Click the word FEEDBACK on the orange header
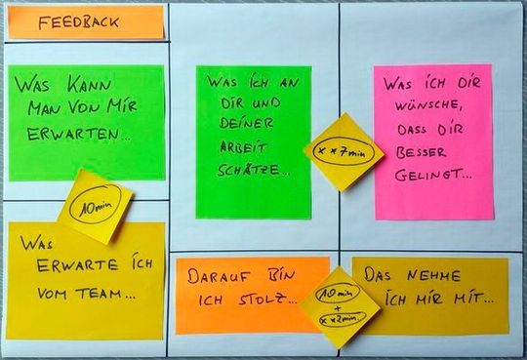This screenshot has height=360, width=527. [79, 20]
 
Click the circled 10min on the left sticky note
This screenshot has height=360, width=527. [94, 206]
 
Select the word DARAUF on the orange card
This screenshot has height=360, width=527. [215, 276]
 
